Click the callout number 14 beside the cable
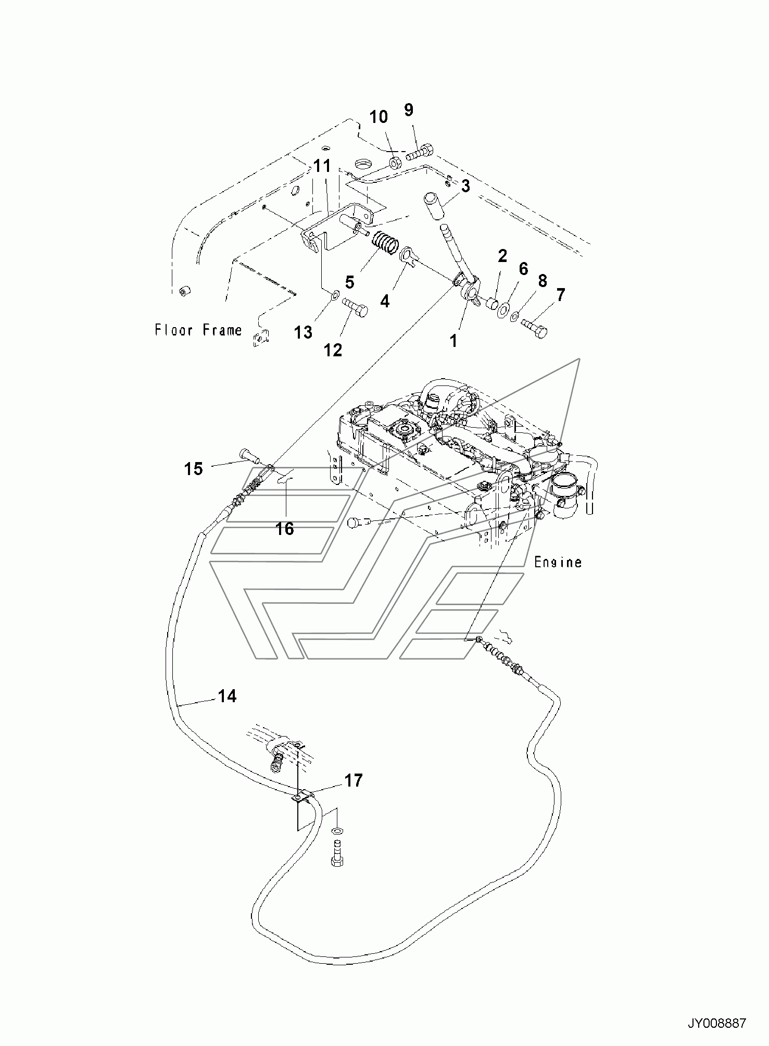point(227,696)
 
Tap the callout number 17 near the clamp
point(353,781)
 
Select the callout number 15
point(193,469)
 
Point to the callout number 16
point(285,529)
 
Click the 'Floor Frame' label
point(198,330)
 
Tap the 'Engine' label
point(558,562)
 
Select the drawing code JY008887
point(717,1024)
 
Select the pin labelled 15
point(251,455)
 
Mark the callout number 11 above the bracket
point(322,167)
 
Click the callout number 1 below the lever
point(453,341)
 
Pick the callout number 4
point(385,301)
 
